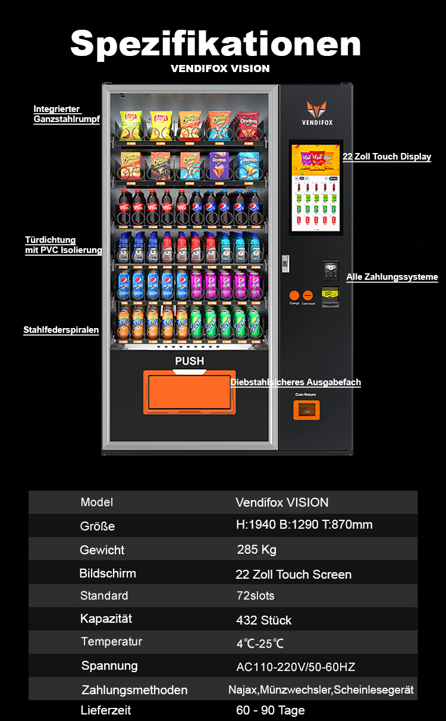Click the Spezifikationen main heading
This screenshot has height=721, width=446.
click(215, 43)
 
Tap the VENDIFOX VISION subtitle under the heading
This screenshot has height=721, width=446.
click(220, 68)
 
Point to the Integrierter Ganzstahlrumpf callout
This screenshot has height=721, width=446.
click(66, 114)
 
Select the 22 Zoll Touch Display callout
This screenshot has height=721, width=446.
click(387, 157)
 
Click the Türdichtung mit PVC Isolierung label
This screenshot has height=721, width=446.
click(63, 245)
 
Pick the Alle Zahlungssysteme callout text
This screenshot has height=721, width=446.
click(392, 277)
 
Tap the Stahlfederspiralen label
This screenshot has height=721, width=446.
click(61, 330)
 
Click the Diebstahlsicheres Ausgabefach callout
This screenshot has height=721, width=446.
click(296, 382)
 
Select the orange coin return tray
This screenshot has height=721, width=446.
click(306, 410)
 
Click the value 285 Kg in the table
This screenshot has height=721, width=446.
click(256, 549)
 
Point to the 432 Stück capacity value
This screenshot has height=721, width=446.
click(263, 620)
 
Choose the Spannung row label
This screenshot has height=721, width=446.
click(109, 666)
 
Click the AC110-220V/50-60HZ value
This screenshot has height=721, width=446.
click(296, 667)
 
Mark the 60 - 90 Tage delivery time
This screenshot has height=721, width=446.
click(270, 710)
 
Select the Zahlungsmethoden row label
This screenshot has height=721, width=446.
click(134, 690)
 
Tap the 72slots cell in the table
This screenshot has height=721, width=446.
click(255, 595)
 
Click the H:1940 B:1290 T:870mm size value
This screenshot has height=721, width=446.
click(304, 525)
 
